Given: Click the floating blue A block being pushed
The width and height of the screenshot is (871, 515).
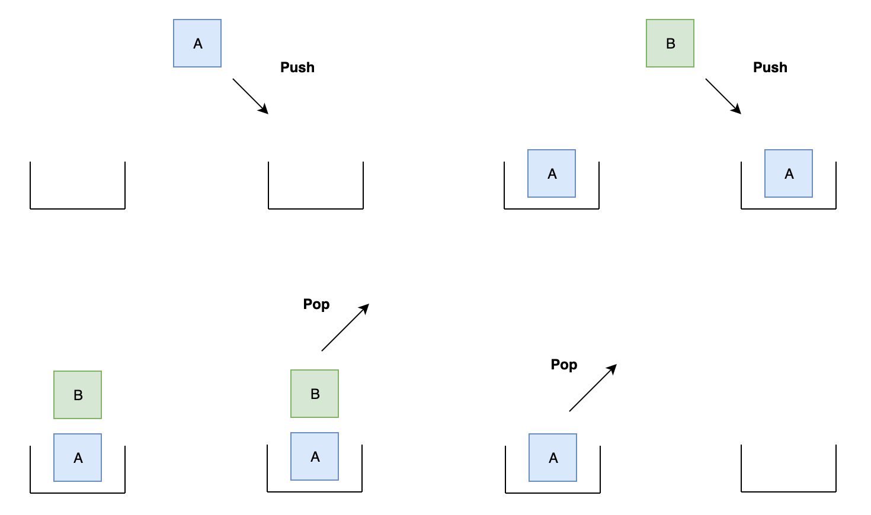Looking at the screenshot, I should coord(197,43).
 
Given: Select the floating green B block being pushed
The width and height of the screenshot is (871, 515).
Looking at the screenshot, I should coord(670,43).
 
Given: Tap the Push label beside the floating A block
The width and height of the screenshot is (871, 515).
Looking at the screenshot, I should coord(297,67).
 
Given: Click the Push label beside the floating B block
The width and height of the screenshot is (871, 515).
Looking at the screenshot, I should coord(770,67).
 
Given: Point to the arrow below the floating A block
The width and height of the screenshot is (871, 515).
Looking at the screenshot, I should coord(251,96).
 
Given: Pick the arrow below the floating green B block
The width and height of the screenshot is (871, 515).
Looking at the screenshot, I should coord(723,96).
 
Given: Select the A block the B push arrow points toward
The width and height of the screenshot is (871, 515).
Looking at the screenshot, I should coord(789,173).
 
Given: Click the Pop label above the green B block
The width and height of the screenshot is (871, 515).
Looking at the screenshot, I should coord(316,304).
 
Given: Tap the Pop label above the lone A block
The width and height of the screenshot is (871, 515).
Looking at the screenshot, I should coord(564,365).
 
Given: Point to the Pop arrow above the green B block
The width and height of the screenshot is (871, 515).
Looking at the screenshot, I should coord(345,327).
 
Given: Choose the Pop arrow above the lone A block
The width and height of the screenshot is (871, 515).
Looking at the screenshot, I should coord(593,388).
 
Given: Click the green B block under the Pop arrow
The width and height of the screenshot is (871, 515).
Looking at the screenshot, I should coord(315,394).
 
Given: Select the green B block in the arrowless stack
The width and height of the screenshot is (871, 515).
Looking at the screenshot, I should coord(78,395).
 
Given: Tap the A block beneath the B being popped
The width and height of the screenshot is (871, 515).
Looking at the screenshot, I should coord(315,456).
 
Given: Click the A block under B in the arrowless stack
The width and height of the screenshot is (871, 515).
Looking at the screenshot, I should coord(78,458).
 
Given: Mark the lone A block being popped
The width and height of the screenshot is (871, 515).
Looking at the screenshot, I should coord(553,458).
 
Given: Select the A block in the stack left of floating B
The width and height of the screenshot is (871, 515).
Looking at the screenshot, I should coord(552,173).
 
